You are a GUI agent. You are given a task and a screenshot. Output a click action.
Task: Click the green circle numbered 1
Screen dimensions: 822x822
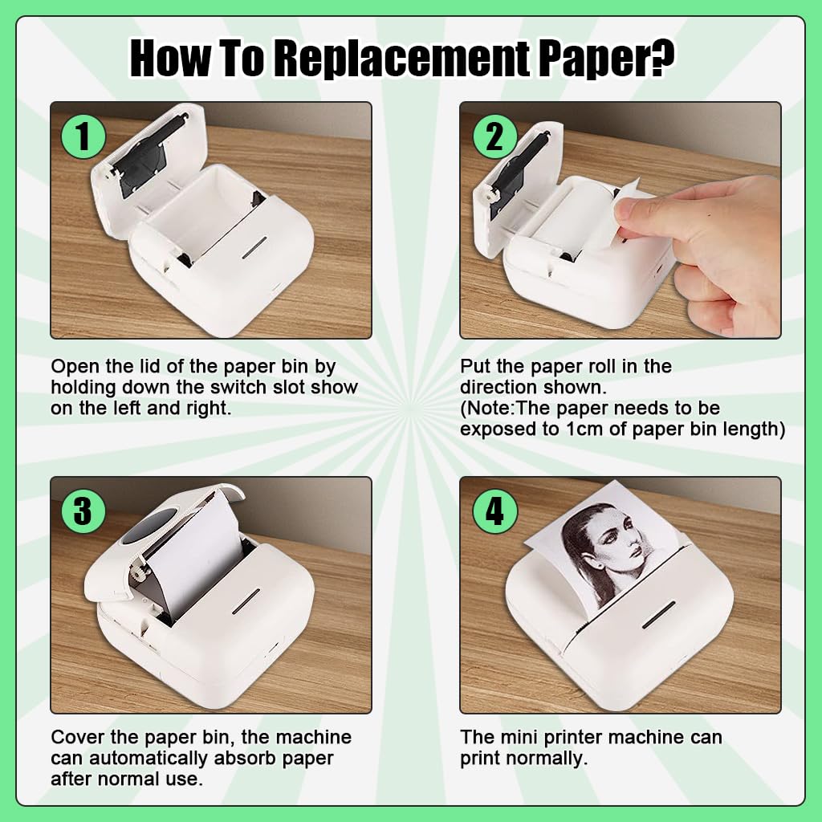point(83,137)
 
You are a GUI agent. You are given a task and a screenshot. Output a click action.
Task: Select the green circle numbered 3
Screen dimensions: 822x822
point(83,511)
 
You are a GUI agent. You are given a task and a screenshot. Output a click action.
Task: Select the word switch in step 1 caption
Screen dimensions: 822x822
point(226,388)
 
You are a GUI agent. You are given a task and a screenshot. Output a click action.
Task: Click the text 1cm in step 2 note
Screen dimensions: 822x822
point(585,429)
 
